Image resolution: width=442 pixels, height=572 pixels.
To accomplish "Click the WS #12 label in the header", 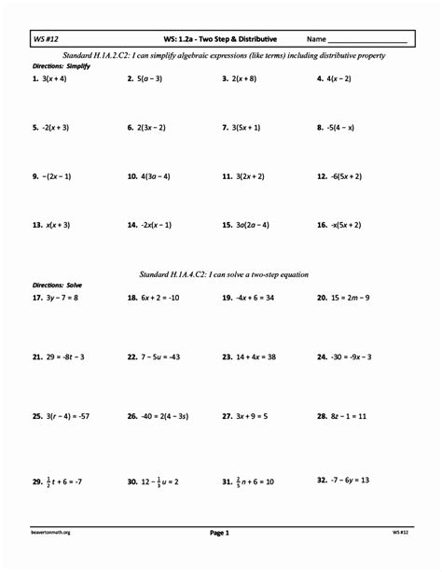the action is pos(46,39).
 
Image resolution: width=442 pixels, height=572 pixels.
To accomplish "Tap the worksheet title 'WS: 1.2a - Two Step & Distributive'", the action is pos(220,39).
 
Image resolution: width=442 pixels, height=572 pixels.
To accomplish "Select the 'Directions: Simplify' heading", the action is pos(62,66).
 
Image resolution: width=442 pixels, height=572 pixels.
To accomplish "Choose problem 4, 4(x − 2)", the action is pos(334,79).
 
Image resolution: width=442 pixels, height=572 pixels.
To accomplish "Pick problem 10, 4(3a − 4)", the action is pos(148,175).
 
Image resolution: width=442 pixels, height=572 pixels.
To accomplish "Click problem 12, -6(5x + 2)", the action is pos(339,175).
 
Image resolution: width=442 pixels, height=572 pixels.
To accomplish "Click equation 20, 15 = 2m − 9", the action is pos(343,298).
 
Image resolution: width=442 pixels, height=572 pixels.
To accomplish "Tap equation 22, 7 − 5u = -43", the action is pos(152,356).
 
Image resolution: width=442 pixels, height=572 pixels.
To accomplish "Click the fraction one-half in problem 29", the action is pos(48,482).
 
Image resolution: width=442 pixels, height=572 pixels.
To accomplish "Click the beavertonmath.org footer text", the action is pos(51,533).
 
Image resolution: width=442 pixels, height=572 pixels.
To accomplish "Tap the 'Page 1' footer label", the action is pos(220,533).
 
